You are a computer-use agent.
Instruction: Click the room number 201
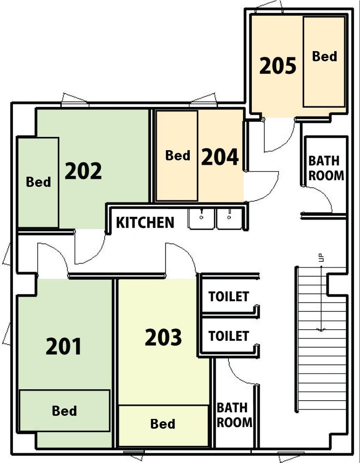[x=64, y=346]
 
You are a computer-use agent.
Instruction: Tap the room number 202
[x=83, y=171]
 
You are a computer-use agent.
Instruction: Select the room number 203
[x=163, y=337]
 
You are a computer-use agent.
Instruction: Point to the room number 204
[x=220, y=156]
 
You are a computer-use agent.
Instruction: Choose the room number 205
[x=278, y=66]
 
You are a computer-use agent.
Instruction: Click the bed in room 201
[x=64, y=410]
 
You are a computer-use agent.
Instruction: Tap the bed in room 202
[x=38, y=182]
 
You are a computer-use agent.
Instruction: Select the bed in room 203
[x=164, y=425]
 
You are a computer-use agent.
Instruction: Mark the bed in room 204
[x=177, y=156]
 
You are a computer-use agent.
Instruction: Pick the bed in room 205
[x=324, y=62]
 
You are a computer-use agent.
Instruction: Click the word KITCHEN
[x=145, y=222]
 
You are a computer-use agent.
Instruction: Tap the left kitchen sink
[x=201, y=218]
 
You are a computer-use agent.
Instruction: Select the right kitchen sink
[x=229, y=218]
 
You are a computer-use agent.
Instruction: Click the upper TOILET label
[x=228, y=296]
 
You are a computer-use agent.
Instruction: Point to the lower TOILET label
[x=228, y=336]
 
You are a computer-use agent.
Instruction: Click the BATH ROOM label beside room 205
[x=326, y=168]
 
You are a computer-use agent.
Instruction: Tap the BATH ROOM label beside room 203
[x=234, y=415]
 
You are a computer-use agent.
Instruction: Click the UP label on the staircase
[x=322, y=258]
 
